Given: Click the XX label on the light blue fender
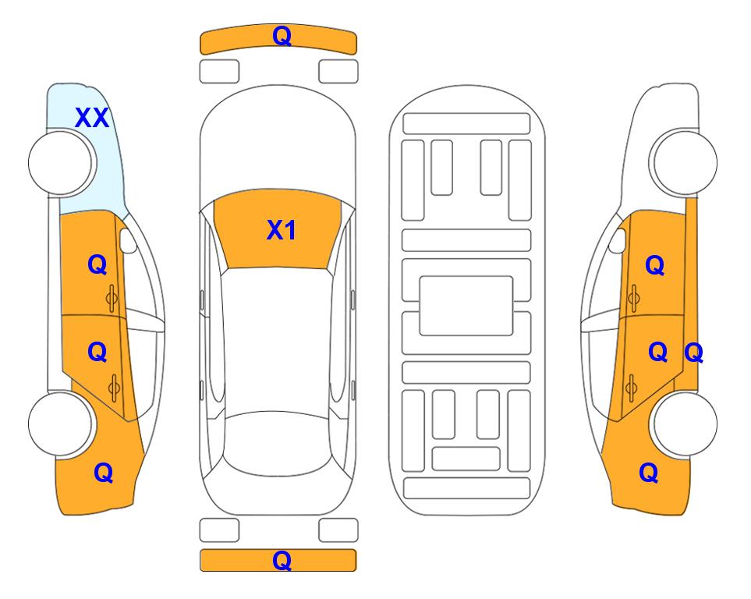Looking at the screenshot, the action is [92, 118].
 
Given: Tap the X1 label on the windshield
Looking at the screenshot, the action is [282, 230].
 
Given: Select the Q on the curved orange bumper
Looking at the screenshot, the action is [282, 36].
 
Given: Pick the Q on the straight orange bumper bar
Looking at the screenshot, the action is [282, 560].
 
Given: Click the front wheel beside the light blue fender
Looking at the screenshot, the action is [60, 163].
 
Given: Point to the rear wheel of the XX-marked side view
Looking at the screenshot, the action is [60, 424].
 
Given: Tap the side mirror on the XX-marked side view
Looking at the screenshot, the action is [128, 240].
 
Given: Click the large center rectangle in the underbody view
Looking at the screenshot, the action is [466, 306].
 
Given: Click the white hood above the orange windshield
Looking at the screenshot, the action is [278, 144].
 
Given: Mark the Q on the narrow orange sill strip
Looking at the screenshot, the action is [693, 353].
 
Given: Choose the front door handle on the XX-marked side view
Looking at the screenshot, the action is [112, 298].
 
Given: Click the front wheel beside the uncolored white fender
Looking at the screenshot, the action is [683, 163].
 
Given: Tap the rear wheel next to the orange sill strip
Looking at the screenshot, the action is [683, 424].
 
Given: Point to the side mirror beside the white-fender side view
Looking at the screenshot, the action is [618, 240].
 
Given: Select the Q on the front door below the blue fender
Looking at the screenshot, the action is [97, 264].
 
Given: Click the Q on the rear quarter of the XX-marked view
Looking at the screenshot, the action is [104, 473].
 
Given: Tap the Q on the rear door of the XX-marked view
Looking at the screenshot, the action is [97, 353].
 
